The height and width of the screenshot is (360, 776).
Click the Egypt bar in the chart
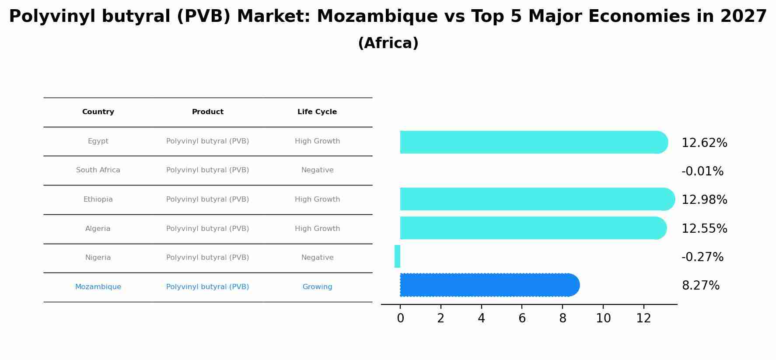pyautogui.click(x=534, y=142)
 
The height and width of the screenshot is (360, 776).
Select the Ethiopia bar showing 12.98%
pyautogui.click(x=537, y=199)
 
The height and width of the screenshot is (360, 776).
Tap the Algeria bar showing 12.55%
pyautogui.click(x=533, y=228)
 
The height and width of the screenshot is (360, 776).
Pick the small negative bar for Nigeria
pyautogui.click(x=397, y=256)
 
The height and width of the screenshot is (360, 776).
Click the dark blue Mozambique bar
pyautogui.click(x=489, y=285)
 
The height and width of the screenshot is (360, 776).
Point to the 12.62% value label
pyautogui.click(x=704, y=143)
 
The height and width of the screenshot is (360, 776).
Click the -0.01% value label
pyautogui.click(x=703, y=171)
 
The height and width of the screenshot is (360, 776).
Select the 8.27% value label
pyautogui.click(x=700, y=286)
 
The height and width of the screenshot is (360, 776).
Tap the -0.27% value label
pyautogui.click(x=703, y=257)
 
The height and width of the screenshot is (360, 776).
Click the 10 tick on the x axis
pyautogui.click(x=603, y=318)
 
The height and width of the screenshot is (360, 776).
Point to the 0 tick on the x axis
pyautogui.click(x=400, y=318)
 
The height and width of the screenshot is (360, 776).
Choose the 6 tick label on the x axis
pyautogui.click(x=522, y=318)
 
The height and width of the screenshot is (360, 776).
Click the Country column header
pyautogui.click(x=98, y=112)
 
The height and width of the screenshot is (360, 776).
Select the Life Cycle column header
pyautogui.click(x=317, y=112)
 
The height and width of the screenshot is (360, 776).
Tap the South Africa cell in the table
pyautogui.click(x=98, y=170)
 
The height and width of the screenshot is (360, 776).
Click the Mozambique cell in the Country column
pyautogui.click(x=98, y=287)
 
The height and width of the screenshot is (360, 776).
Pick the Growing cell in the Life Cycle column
pyautogui.click(x=317, y=287)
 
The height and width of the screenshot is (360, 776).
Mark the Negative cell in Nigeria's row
pyautogui.click(x=317, y=258)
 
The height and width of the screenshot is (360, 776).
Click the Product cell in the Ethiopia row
pyautogui.click(x=207, y=199)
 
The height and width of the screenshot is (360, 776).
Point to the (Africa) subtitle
pyautogui.click(x=388, y=43)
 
